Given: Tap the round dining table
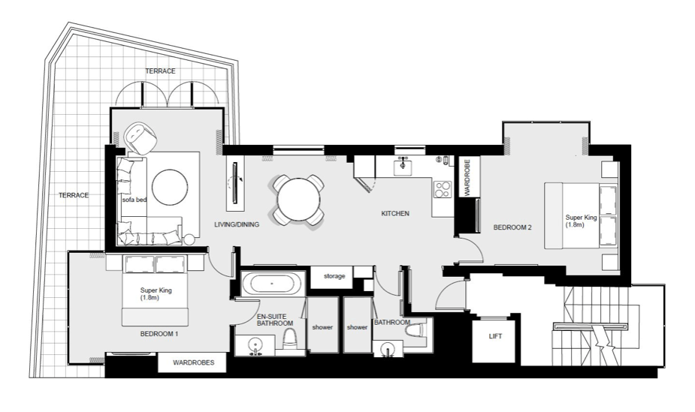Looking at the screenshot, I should pyautogui.click(x=299, y=200).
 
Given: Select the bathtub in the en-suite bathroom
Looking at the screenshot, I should pyautogui.click(x=271, y=284).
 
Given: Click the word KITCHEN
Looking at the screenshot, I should pyautogui.click(x=395, y=214).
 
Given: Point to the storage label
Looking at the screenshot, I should pyautogui.click(x=334, y=276).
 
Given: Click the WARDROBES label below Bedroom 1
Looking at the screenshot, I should pyautogui.click(x=194, y=363).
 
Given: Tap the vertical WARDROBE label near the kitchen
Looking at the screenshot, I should pyautogui.click(x=467, y=177).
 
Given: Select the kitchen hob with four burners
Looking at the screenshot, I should pyautogui.click(x=443, y=188).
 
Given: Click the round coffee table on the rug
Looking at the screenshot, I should pyautogui.click(x=169, y=186).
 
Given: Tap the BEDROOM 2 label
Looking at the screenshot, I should pyautogui.click(x=512, y=227).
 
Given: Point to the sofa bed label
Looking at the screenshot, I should pyautogui.click(x=135, y=200).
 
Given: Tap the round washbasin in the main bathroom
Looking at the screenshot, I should pyautogui.click(x=387, y=349).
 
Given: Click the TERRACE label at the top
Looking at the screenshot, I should pyautogui.click(x=161, y=71).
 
